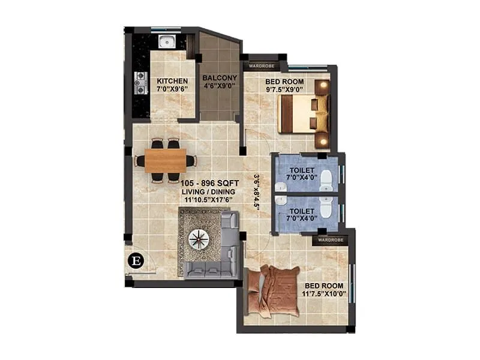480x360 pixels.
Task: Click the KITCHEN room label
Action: click(x=172, y=81)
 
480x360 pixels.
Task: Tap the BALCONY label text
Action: click(x=220, y=78)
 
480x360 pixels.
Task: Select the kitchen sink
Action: click(x=166, y=41)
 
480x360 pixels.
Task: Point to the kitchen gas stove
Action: click(x=142, y=83)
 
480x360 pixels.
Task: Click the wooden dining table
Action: click(x=166, y=160)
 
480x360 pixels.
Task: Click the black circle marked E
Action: click(x=136, y=260)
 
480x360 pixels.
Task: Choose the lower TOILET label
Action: click(x=301, y=212)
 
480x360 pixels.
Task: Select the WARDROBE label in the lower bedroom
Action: click(x=331, y=239)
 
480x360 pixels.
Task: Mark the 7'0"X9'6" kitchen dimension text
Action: click(x=172, y=89)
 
